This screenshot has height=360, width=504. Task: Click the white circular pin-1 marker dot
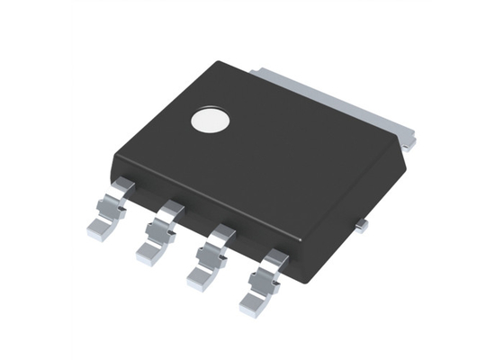click(211, 122)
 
